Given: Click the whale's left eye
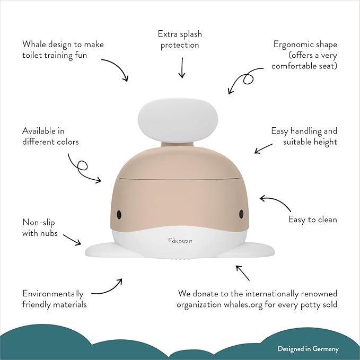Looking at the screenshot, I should (119, 214).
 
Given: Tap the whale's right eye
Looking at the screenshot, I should (241, 214).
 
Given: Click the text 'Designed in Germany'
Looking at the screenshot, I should (308, 349).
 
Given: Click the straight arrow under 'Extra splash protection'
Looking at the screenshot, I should (181, 67).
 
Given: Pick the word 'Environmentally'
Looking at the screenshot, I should (53, 294).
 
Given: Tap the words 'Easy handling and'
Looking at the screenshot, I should (304, 130).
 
